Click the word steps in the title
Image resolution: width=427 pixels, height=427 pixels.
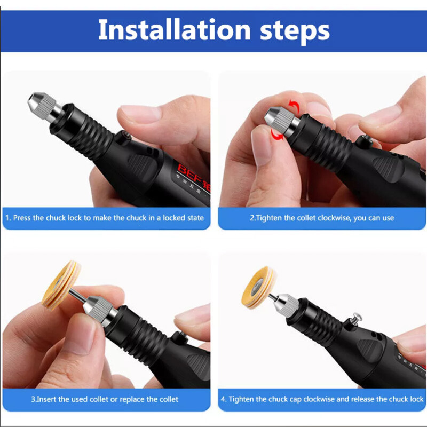(289, 31)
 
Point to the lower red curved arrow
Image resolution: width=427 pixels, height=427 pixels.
(276, 136)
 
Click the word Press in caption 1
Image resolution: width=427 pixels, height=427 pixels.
(22, 218)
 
